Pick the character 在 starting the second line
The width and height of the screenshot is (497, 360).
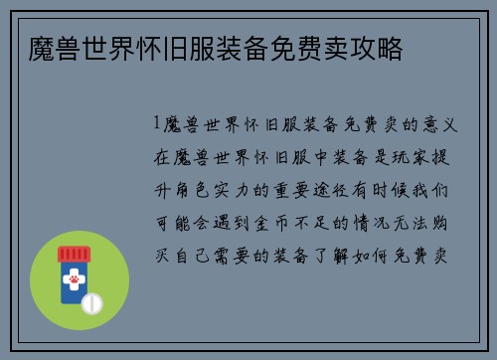160,157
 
